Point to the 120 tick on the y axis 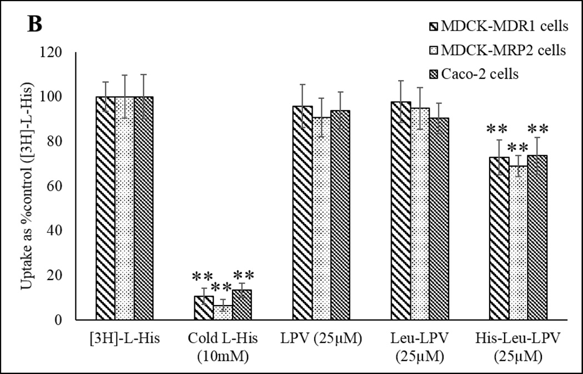coord(56,53)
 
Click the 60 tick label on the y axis coord(59,186)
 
